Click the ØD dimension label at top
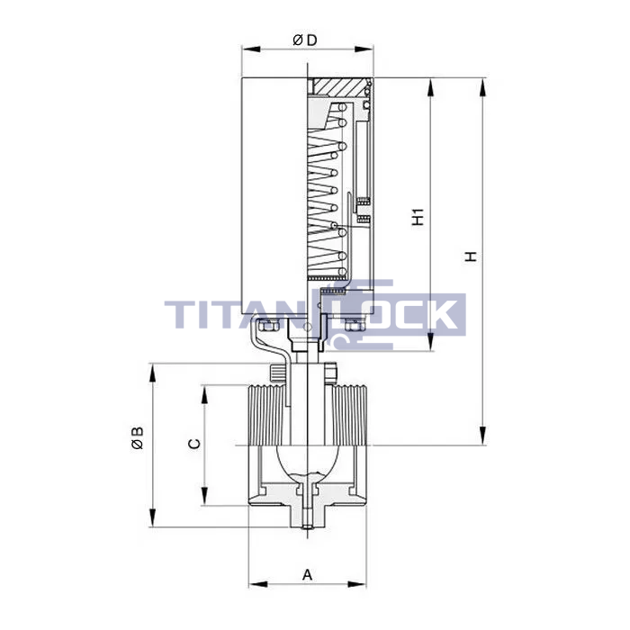coord(305,40)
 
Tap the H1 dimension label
coord(418,217)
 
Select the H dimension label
coord(471,256)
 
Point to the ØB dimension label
coord(137,437)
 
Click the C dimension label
coord(194,444)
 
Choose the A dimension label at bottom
coord(308,575)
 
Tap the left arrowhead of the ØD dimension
coord(251,49)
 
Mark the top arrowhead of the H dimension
coord(483,86)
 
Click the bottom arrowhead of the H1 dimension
coord(430,342)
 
